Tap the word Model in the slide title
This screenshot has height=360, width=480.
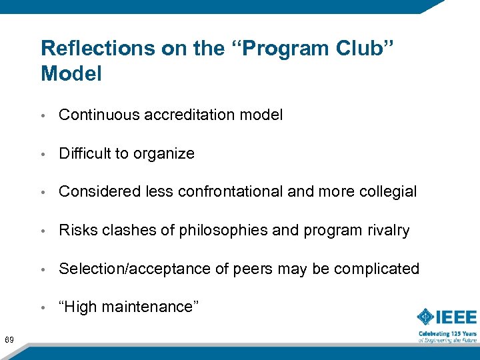point(71,74)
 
